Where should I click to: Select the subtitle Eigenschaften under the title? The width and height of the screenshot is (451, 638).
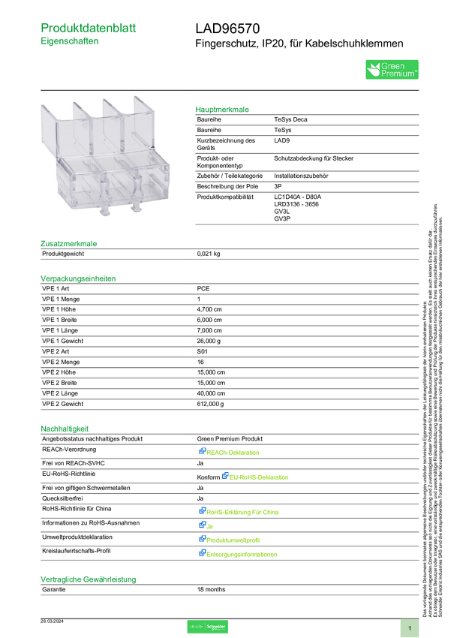pyautogui.click(x=70, y=43)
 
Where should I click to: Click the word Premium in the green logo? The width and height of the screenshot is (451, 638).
pyautogui.click(x=398, y=74)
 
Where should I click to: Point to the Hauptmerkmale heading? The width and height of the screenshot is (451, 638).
pyautogui.click(x=222, y=109)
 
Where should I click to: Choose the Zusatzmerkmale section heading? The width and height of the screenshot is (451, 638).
pyautogui.click(x=69, y=243)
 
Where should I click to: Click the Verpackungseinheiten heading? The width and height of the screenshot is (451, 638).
pyautogui.click(x=77, y=278)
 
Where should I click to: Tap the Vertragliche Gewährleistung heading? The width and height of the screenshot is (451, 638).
pyautogui.click(x=89, y=579)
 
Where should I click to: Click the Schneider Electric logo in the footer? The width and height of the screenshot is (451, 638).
pyautogui.click(x=207, y=626)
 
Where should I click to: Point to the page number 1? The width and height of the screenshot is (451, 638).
pyautogui.click(x=410, y=627)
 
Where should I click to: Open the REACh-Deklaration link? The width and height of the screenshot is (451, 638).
pyautogui.click(x=234, y=453)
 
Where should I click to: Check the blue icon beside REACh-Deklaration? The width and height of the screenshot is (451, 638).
pyautogui.click(x=202, y=452)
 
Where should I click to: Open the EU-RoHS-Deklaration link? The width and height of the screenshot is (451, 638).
pyautogui.click(x=260, y=477)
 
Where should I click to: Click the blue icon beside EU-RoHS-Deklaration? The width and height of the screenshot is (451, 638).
pyautogui.click(x=224, y=476)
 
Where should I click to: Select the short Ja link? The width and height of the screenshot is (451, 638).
pyautogui.click(x=209, y=525)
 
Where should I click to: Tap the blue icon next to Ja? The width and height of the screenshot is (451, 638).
pyautogui.click(x=202, y=525)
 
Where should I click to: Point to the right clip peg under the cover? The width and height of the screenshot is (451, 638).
pyautogui.click(x=136, y=203)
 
